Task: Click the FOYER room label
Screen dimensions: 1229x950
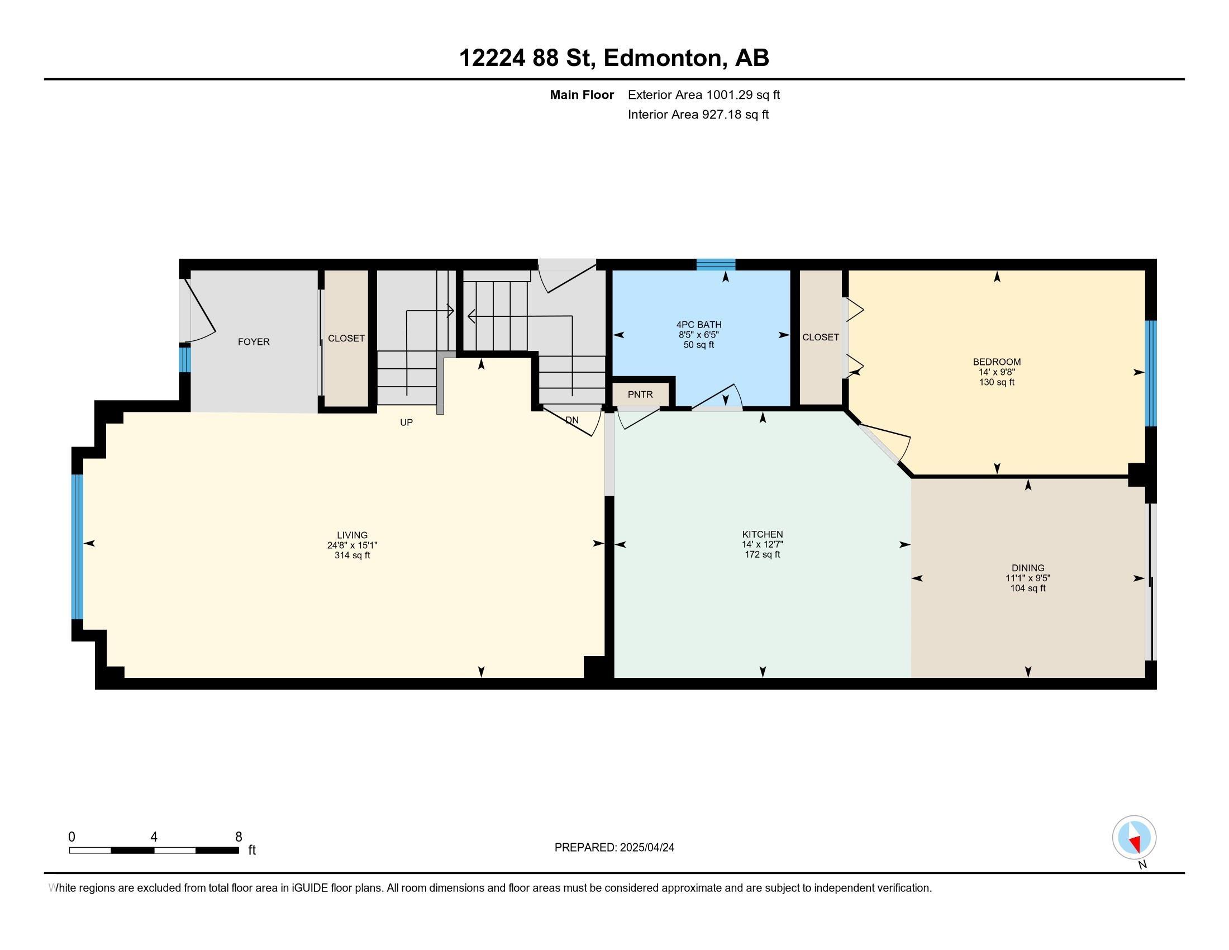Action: (253, 341)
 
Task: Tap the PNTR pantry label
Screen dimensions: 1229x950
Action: (640, 395)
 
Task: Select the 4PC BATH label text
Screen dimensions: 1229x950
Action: (699, 325)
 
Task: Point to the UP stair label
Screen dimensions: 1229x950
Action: (406, 422)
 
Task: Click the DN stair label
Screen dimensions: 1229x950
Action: (571, 420)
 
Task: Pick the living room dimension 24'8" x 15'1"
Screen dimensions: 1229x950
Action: (352, 545)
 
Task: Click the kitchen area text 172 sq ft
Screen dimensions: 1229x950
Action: (763, 554)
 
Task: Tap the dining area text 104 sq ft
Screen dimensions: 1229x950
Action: (1028, 588)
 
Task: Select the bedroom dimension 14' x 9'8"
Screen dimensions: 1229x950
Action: (997, 372)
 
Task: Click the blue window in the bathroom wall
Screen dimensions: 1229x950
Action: (716, 264)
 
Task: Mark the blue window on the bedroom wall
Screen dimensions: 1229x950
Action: (1151, 373)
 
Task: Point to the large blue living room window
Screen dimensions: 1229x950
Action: (77, 547)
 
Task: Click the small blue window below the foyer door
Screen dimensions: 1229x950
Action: (184, 360)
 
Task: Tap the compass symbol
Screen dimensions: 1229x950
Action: (1135, 837)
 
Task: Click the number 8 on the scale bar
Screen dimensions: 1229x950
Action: (239, 837)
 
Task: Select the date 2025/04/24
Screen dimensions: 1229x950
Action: (646, 848)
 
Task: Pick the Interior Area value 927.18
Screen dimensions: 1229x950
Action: (721, 115)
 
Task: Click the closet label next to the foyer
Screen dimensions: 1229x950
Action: (346, 338)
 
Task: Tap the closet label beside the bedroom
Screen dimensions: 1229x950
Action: (821, 337)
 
